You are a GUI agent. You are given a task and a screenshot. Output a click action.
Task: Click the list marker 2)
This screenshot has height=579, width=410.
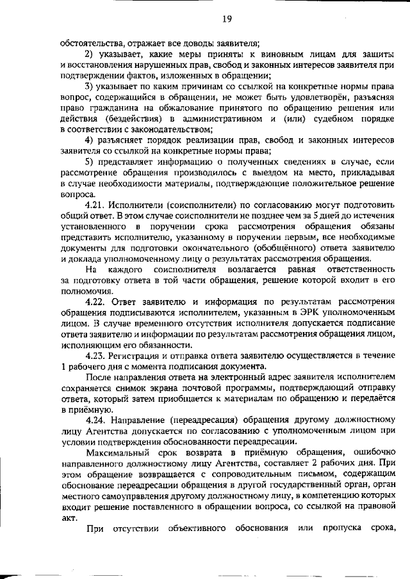[x=90, y=54]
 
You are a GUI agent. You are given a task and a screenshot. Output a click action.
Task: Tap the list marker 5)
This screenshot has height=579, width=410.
[x=90, y=163]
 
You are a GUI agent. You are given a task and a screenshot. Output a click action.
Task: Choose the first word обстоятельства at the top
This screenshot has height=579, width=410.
[x=88, y=43]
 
